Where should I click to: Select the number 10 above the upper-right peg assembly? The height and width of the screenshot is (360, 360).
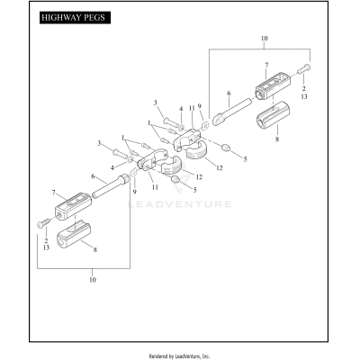click(x=264, y=39)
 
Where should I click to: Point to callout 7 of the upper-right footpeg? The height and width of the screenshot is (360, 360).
click(x=266, y=64)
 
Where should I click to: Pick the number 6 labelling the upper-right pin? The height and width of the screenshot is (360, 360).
click(x=229, y=92)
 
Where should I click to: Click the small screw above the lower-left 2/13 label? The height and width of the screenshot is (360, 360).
click(x=40, y=221)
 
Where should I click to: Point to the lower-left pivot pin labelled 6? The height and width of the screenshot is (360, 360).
click(x=114, y=191)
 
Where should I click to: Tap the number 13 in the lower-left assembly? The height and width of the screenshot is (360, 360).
click(x=45, y=246)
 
